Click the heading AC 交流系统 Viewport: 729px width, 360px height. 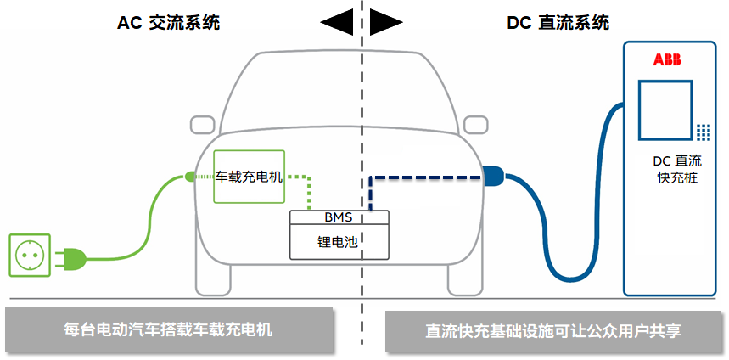(168, 23)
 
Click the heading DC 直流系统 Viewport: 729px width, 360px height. (558, 23)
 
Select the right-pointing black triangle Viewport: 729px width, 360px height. (387, 23)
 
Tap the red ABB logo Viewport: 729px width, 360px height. (667, 59)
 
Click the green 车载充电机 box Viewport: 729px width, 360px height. (249, 177)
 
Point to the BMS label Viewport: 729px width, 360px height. (338, 217)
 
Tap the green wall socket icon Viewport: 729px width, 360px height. (29, 255)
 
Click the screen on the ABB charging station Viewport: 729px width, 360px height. (665, 111)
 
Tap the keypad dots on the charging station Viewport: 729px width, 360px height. (704, 132)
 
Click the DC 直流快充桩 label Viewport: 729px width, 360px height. (676, 169)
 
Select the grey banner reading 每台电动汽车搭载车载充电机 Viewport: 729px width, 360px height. (168, 330)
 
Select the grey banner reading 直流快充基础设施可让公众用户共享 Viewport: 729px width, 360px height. (553, 331)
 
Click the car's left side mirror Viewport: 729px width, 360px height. (202, 125)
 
